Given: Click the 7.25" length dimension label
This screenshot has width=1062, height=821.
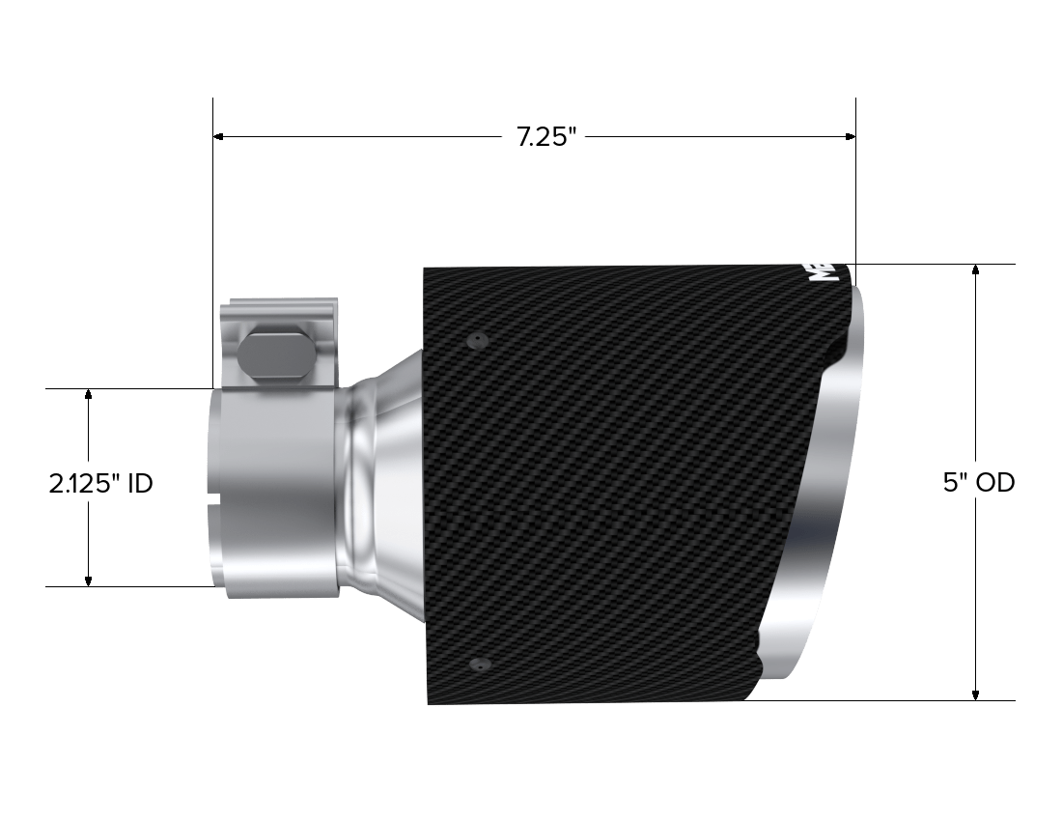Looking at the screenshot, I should point(545,137).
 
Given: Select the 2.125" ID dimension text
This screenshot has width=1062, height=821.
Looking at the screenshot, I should point(100,483).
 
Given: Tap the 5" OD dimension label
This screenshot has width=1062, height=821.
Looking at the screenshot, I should point(979,483).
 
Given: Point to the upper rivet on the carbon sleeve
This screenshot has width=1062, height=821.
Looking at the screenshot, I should point(476,340).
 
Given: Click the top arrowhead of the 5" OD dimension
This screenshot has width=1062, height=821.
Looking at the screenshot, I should point(977,271).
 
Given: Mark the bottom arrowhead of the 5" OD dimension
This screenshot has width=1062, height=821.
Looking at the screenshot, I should point(977,694).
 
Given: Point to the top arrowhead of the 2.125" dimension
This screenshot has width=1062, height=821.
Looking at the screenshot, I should point(89,395).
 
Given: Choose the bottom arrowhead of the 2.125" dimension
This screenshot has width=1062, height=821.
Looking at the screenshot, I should point(89,580).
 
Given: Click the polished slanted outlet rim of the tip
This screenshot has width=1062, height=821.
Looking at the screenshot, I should point(821,502).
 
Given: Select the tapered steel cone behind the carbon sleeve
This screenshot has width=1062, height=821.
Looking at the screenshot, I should point(391,483).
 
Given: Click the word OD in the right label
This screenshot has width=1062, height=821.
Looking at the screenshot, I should point(996,483).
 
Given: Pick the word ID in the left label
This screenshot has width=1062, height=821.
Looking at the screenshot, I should point(139,483).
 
